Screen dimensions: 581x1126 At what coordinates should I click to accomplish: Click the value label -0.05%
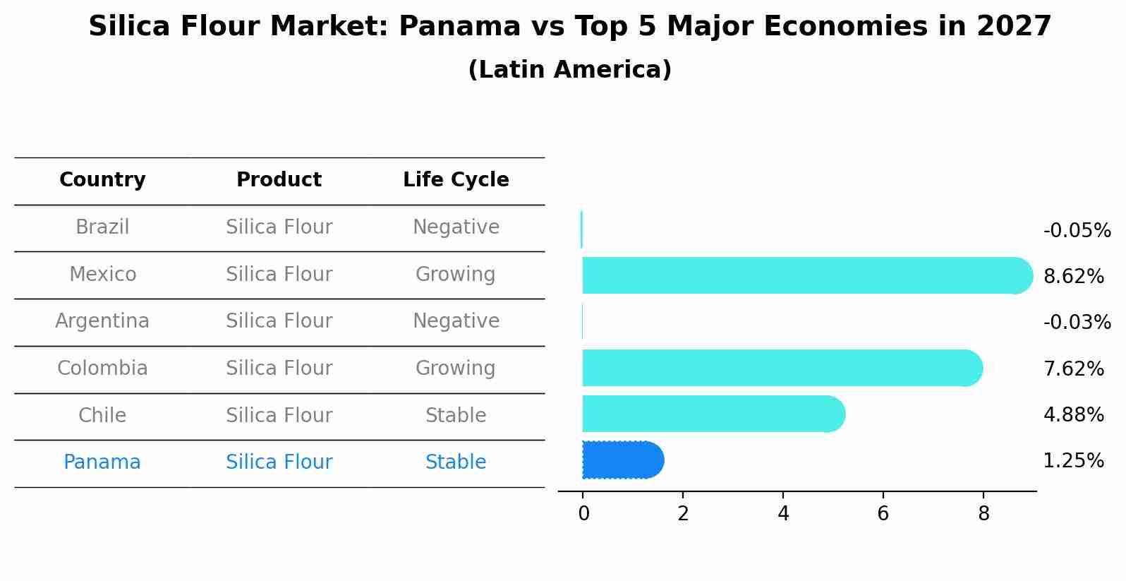click(1077, 231)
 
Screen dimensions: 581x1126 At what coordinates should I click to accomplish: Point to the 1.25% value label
click(1073, 461)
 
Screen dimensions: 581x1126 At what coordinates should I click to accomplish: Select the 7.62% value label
click(1073, 369)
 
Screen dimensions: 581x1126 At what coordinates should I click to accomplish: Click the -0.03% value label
click(1077, 323)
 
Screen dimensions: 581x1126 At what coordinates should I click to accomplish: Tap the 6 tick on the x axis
click(883, 514)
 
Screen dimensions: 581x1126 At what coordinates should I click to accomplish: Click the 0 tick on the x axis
click(583, 514)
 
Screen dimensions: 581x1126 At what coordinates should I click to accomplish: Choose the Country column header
click(102, 180)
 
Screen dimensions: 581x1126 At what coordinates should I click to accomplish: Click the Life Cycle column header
click(456, 180)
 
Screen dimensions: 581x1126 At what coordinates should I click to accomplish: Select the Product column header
click(279, 180)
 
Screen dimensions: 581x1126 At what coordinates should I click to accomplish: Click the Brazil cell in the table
click(102, 227)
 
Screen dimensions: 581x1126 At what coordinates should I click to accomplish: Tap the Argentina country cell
click(102, 321)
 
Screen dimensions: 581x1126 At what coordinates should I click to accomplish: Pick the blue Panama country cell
click(102, 462)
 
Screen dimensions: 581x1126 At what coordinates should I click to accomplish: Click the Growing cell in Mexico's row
click(455, 275)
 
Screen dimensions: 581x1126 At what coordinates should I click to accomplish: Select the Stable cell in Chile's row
click(455, 416)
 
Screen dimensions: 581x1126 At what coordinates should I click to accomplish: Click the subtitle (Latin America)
click(569, 70)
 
